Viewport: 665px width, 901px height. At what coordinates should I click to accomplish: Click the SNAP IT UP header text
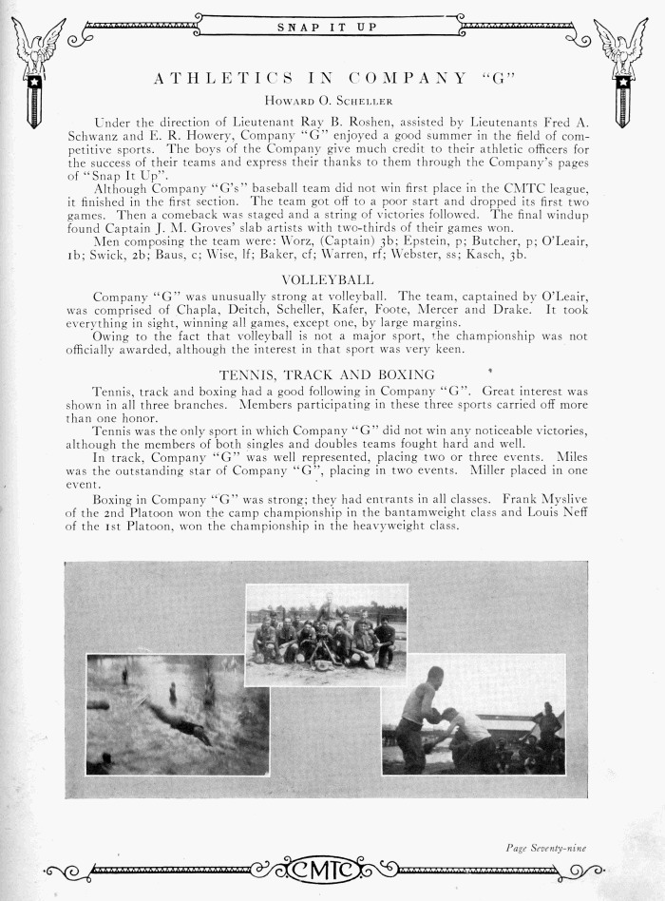(x=326, y=27)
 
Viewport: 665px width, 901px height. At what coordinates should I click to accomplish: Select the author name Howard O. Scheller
(x=332, y=99)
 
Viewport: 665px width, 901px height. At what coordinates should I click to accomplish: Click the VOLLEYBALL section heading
(x=328, y=279)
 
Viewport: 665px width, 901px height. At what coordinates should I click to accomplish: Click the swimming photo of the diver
(x=177, y=714)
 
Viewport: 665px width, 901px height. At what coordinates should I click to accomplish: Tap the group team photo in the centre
(x=326, y=635)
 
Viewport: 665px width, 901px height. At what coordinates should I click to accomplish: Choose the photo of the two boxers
(x=472, y=714)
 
